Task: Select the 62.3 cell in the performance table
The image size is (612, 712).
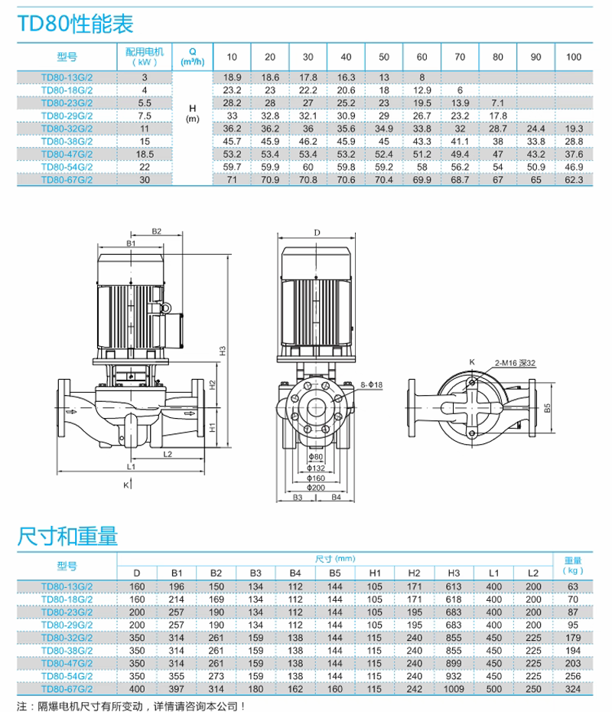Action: tap(574, 180)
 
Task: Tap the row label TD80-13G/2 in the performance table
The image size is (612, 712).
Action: tap(67, 77)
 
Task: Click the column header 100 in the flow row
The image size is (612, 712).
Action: tap(574, 57)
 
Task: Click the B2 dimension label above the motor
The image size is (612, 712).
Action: tap(155, 230)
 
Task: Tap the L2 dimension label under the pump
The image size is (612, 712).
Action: tap(168, 453)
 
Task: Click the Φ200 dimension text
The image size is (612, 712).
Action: tap(316, 487)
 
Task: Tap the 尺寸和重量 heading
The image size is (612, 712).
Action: tap(67, 537)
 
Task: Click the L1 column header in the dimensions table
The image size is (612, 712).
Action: tap(493, 573)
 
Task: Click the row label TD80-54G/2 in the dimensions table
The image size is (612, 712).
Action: tap(67, 677)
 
